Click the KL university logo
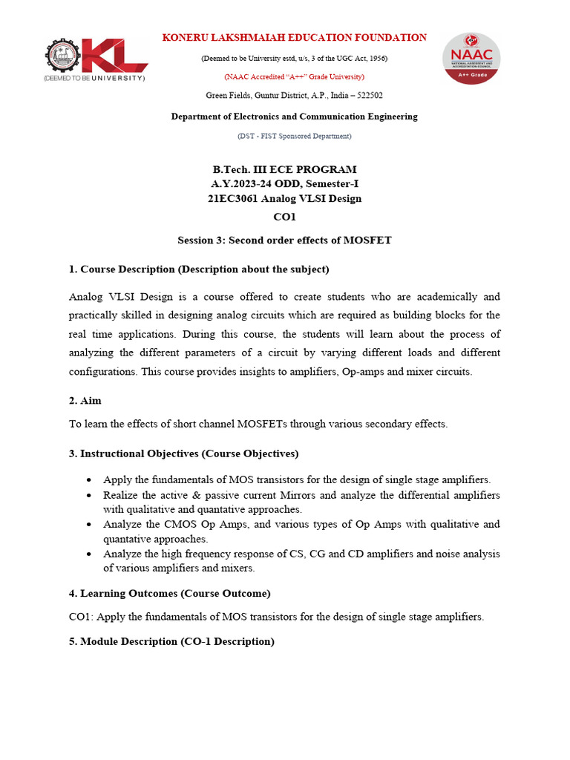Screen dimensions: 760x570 tap(95, 59)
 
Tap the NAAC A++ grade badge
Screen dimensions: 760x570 tap(471, 58)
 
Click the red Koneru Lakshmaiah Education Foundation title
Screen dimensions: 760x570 tap(295, 38)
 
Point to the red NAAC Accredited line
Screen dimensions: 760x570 tap(295, 76)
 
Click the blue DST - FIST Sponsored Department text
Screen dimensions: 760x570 tap(295, 136)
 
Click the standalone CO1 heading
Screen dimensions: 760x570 tap(285, 216)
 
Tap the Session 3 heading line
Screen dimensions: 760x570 tap(284, 240)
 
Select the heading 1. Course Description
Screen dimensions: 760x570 tap(198, 269)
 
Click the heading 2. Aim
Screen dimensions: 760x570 tap(85, 400)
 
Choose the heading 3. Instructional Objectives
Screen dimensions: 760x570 tap(183, 453)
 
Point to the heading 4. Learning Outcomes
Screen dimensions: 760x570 tap(169, 593)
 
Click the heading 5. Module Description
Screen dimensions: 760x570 tap(171, 641)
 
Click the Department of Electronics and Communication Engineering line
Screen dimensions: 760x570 tap(295, 117)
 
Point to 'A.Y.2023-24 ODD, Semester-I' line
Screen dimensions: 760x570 tap(285, 183)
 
